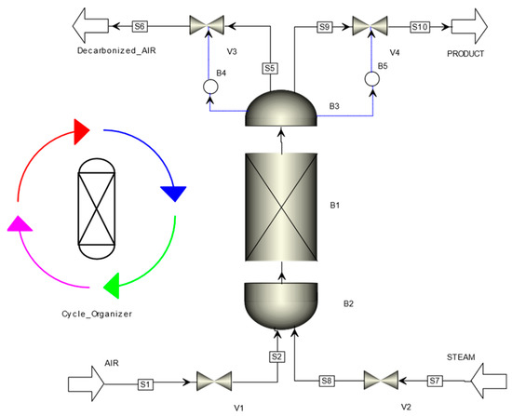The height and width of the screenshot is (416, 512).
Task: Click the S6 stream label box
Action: [139, 26]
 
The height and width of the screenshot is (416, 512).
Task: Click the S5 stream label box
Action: [270, 68]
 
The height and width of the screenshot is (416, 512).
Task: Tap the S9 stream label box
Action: [326, 27]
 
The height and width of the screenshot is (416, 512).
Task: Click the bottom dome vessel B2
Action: [280, 301]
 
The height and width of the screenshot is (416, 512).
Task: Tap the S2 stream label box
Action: [276, 356]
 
